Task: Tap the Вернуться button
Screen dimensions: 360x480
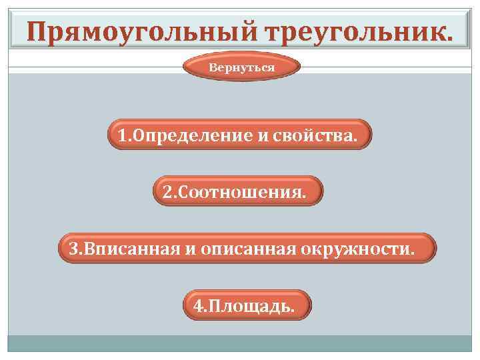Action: [241, 68]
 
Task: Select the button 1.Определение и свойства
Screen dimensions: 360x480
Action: [238, 135]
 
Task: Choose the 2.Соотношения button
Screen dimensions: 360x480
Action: [238, 192]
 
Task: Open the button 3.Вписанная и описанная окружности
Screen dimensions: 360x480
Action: [247, 249]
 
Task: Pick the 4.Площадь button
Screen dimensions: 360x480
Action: [246, 305]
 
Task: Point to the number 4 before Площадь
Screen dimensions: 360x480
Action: [197, 306]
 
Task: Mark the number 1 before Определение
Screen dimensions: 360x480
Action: [123, 136]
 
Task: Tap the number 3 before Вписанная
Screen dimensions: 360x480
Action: [73, 249]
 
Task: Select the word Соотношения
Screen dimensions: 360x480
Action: [243, 193]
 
